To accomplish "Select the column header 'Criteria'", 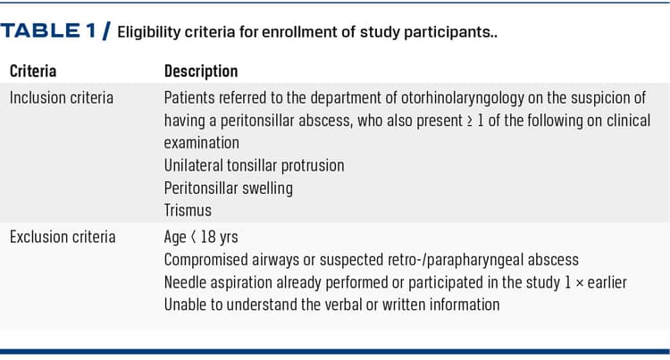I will (33, 71).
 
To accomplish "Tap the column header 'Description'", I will (201, 71).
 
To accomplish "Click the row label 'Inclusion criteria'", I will (62, 97).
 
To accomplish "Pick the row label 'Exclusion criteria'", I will (63, 237).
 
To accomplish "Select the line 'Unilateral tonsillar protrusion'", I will (254, 165).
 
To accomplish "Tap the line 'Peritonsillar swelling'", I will (228, 188).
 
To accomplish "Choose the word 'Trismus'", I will (188, 211).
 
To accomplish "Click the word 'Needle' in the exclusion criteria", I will (186, 282).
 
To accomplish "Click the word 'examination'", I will (202, 142).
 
